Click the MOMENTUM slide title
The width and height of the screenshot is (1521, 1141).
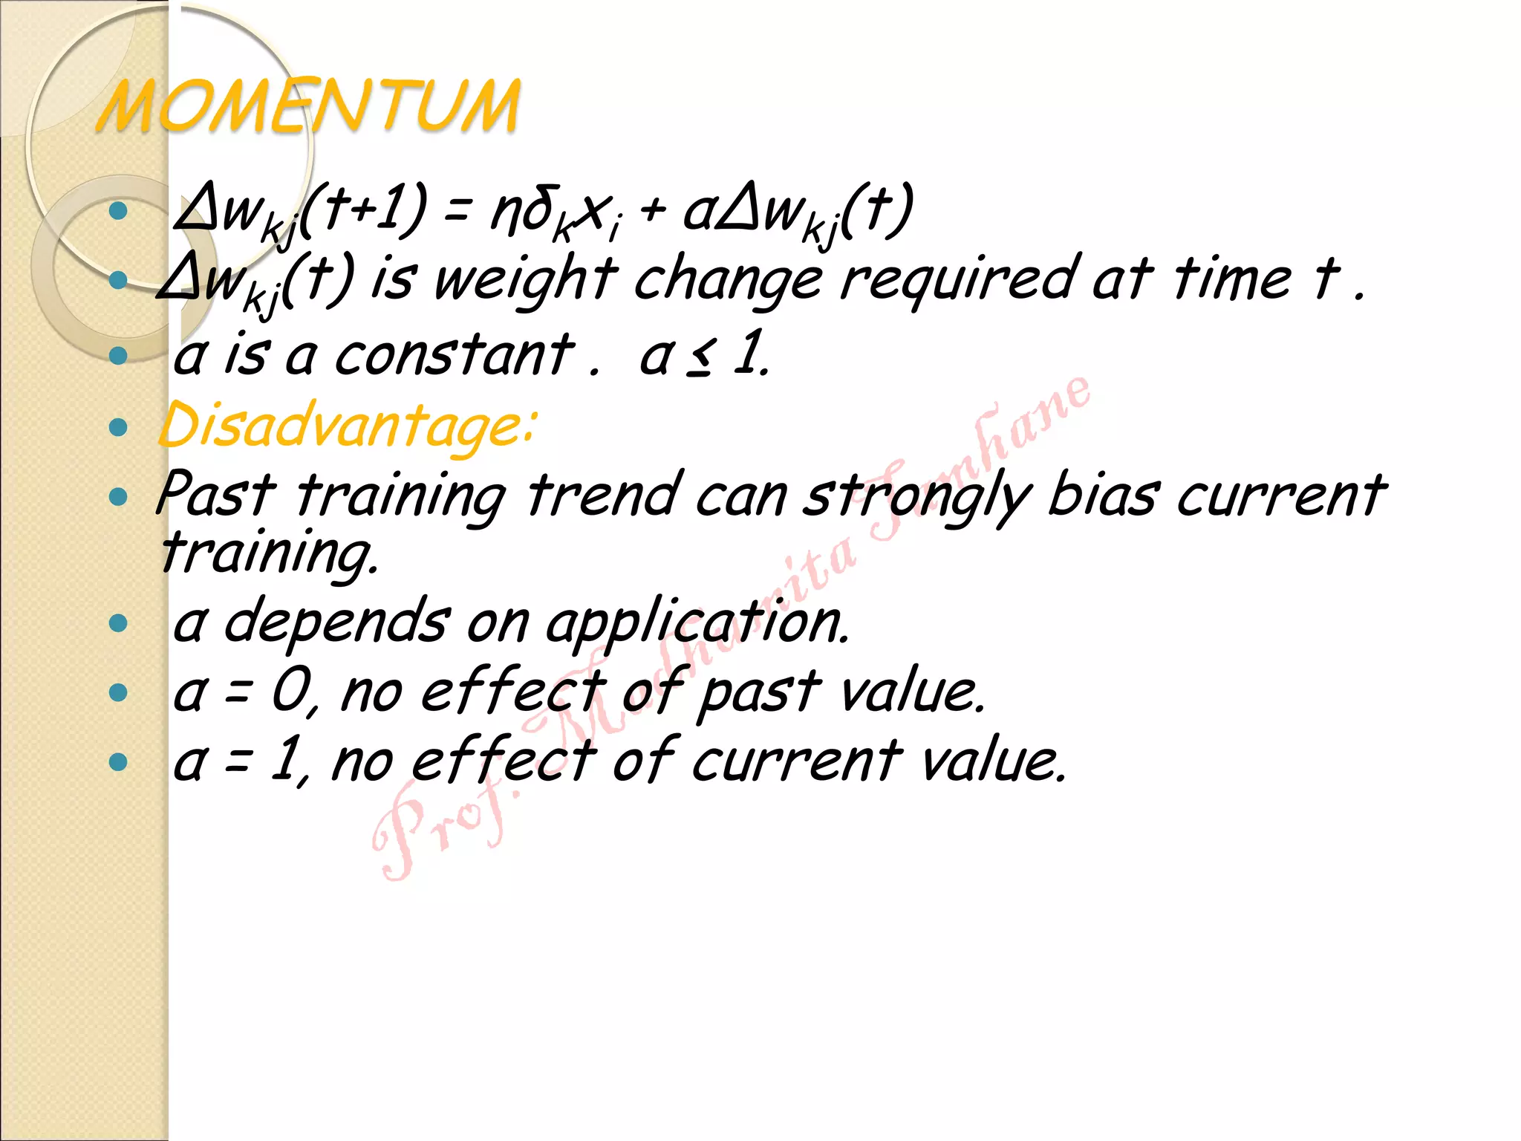coord(308,108)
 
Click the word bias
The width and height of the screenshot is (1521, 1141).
coord(1102,495)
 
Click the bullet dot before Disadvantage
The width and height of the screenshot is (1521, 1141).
coord(118,427)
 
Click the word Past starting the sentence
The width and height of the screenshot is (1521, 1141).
coord(215,495)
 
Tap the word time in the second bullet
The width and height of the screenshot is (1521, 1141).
coord(1233,279)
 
